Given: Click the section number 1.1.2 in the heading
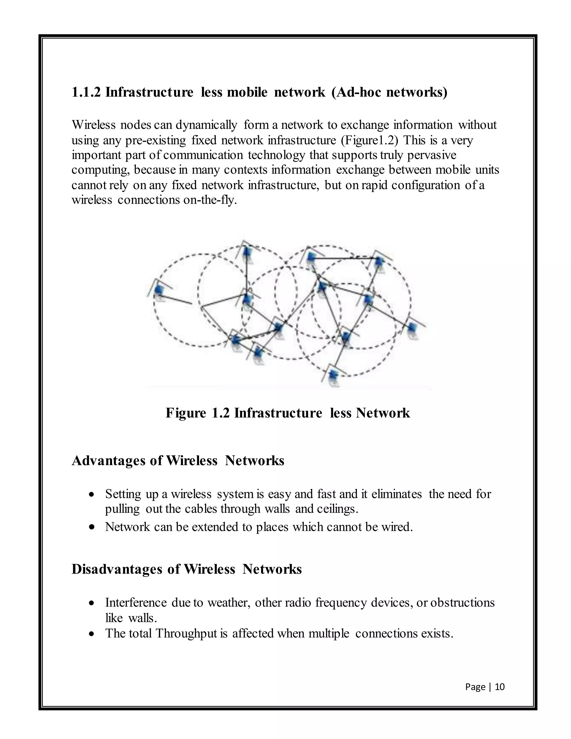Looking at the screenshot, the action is tap(86, 92).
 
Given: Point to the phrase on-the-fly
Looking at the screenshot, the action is tap(210, 200).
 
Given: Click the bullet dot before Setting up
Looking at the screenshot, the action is tap(91, 495).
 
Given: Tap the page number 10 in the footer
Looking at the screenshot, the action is tap(500, 687).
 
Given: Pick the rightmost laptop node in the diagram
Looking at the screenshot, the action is tap(411, 328).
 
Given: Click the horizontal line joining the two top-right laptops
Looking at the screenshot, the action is tap(345, 259).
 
